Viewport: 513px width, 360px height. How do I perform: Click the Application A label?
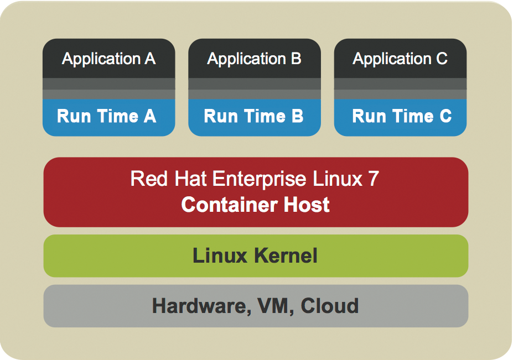point(108,59)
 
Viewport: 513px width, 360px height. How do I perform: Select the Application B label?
point(254,59)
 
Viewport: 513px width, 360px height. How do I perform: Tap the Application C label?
point(400,59)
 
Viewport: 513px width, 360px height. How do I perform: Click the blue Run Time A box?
point(108,117)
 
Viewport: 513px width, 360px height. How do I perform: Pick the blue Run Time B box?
point(254,117)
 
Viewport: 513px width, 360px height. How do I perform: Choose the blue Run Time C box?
point(400,117)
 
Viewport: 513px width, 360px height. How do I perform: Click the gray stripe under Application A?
point(108,88)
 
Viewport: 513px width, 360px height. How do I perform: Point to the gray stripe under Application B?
point(254,88)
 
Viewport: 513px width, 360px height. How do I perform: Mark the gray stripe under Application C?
point(400,88)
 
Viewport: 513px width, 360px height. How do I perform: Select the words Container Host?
point(255,205)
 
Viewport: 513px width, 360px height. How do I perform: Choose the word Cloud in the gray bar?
point(330,306)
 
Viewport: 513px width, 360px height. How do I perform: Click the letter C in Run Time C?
point(445,117)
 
